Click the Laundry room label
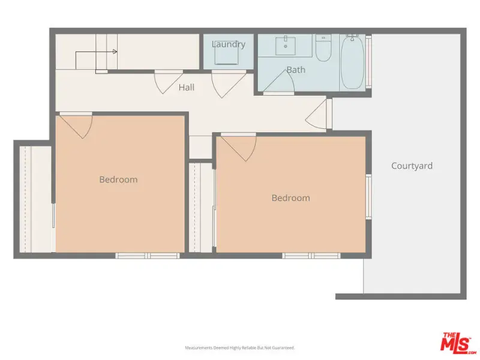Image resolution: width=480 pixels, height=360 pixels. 229,44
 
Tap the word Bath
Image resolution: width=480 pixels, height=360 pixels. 296,70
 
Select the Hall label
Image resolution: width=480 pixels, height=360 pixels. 187,88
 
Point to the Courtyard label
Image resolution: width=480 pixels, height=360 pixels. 412,166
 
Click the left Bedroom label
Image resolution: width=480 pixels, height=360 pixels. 118,179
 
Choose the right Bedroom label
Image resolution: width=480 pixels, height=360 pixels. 290,198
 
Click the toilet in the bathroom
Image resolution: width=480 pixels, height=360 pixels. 323,48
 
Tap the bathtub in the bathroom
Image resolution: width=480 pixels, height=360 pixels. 352,62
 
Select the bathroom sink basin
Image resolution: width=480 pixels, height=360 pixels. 286,46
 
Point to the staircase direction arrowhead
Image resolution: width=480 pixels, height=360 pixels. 115,52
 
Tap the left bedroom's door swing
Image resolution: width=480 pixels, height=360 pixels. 76,126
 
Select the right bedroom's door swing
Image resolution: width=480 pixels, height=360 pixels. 238,147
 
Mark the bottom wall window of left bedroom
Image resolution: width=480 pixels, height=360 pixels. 148,256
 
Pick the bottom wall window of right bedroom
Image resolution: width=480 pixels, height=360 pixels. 311,256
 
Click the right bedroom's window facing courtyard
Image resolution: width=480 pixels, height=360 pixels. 369,197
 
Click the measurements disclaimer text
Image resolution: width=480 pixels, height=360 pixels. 239,348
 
